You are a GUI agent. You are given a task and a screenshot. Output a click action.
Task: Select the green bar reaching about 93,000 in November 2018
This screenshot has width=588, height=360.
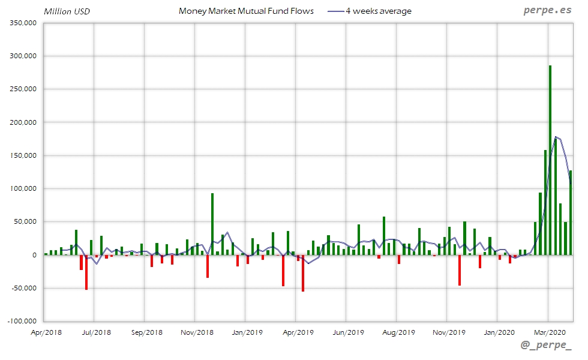coord(212,223)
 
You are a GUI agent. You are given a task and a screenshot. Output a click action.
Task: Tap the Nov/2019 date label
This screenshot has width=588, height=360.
coord(448,332)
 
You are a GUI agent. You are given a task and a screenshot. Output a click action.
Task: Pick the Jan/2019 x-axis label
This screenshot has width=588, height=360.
coord(247,332)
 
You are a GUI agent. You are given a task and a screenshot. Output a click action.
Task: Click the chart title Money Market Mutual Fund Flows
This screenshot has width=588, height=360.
coord(246,11)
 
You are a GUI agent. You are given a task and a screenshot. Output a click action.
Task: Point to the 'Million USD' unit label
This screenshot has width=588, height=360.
coord(67,11)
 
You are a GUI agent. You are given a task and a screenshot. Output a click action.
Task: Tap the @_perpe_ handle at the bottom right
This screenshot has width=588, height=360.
coord(545,346)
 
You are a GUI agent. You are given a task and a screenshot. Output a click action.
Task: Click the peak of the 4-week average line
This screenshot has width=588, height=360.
coord(556,137)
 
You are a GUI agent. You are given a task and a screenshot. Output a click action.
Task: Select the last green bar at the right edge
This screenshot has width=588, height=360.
coord(571,213)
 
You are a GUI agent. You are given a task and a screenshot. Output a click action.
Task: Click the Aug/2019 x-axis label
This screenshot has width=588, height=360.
coord(398,332)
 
